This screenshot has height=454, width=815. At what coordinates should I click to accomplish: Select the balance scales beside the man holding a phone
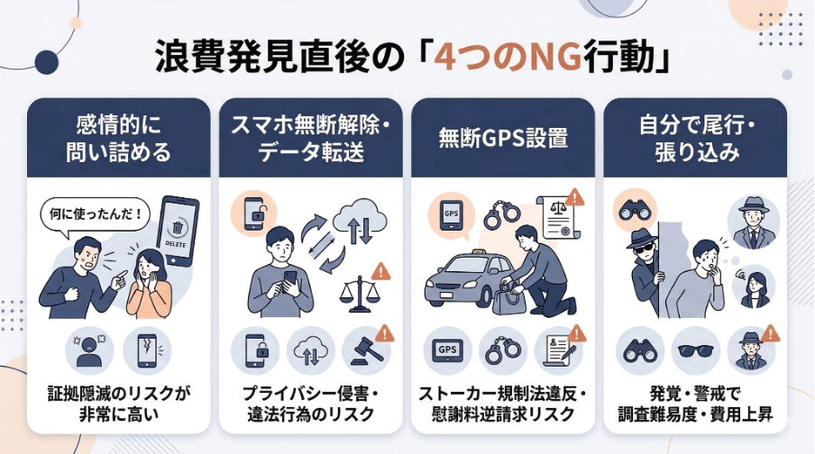[358, 295]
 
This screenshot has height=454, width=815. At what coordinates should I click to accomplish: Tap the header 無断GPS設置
[502, 138]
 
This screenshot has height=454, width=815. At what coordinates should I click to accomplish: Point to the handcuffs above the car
[502, 216]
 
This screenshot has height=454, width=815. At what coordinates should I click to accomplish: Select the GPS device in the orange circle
[450, 214]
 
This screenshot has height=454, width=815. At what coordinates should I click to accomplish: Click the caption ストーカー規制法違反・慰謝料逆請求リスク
[502, 404]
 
